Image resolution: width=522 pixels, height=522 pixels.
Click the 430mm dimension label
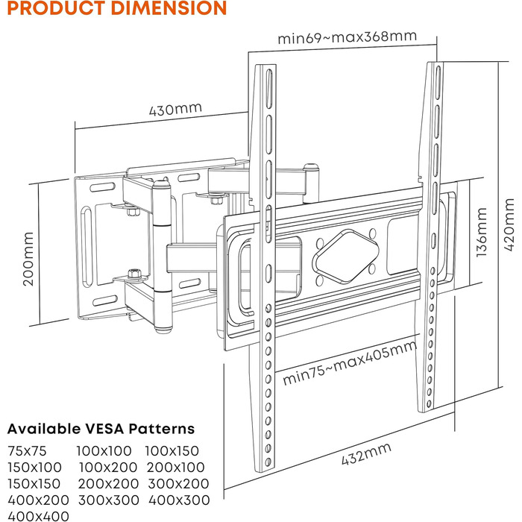tap(175, 110)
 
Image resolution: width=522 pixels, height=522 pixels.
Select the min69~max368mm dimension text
tap(347, 38)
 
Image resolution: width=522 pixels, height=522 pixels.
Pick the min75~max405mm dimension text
tap(349, 365)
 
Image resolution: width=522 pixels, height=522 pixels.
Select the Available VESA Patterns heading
tap(101, 429)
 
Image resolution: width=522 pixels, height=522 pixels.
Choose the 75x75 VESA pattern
tap(28, 451)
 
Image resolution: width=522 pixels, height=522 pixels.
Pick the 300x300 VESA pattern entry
tap(109, 500)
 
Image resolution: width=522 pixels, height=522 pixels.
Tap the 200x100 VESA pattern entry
tap(177, 468)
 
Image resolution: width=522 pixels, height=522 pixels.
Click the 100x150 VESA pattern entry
tap(172, 451)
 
